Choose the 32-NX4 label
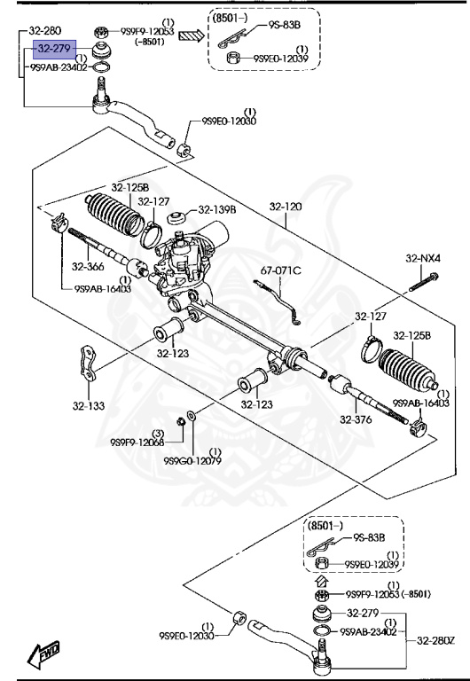(x=422, y=258)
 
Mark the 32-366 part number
(x=89, y=266)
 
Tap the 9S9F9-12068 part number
(x=137, y=441)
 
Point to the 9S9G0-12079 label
(x=197, y=462)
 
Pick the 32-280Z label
(x=435, y=640)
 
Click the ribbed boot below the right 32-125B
(x=404, y=368)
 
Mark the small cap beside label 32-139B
(x=176, y=215)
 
